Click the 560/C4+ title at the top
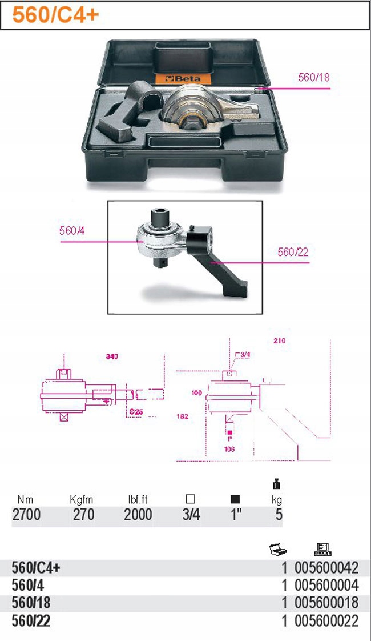click(x=55, y=15)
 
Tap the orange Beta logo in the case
click(x=183, y=78)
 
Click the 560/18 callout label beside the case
click(x=313, y=77)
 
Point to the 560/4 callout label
click(x=72, y=231)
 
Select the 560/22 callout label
click(x=293, y=252)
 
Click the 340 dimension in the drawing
click(x=112, y=356)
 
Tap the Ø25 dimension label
click(x=136, y=412)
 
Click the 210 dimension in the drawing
click(x=280, y=340)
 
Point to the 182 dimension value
click(x=183, y=416)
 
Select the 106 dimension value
click(x=229, y=449)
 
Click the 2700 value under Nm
click(x=27, y=514)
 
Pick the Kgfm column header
click(x=81, y=499)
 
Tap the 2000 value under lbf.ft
click(x=138, y=514)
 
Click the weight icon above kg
click(x=277, y=484)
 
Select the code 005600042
click(x=326, y=567)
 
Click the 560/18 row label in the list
click(x=31, y=603)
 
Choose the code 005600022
click(x=326, y=621)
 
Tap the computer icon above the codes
click(x=322, y=549)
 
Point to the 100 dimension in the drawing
click(x=196, y=393)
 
